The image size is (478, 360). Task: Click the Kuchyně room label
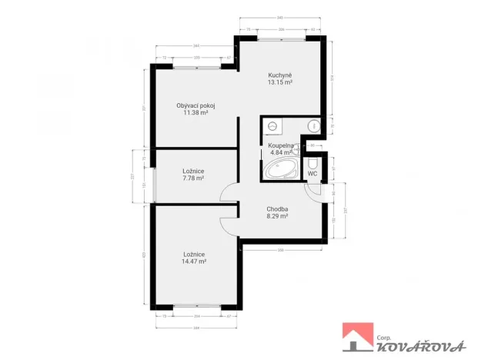pyautogui.click(x=279, y=75)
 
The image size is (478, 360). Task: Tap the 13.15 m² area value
pyautogui.click(x=279, y=82)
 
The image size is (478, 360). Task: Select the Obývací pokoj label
pyautogui.click(x=196, y=105)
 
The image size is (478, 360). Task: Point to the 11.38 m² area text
pyautogui.click(x=196, y=112)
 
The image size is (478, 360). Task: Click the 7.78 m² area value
pyautogui.click(x=193, y=178)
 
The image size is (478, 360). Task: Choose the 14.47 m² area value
pyautogui.click(x=193, y=262)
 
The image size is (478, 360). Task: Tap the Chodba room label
pyautogui.click(x=277, y=209)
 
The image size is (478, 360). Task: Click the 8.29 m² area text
pyautogui.click(x=277, y=217)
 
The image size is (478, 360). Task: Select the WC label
pyautogui.click(x=313, y=174)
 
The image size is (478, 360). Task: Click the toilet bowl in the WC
pyautogui.click(x=313, y=164)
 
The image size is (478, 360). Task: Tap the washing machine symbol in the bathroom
pyautogui.click(x=272, y=126)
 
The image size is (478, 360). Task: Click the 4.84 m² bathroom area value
pyautogui.click(x=278, y=152)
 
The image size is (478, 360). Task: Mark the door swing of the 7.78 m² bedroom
pyautogui.click(x=229, y=194)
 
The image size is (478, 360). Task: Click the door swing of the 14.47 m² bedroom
pyautogui.click(x=229, y=224)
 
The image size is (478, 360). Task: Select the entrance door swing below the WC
pyautogui.click(x=314, y=194)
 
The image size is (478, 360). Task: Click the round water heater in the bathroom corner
pyautogui.click(x=314, y=126)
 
